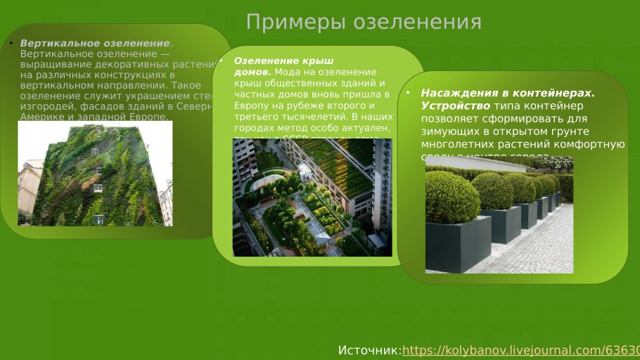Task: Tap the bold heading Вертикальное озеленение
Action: pyautogui.click(x=95, y=44)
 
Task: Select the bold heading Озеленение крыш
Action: pyautogui.click(x=283, y=61)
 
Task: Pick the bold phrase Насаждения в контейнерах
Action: pyautogui.click(x=507, y=93)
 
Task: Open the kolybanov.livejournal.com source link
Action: pyautogui.click(x=520, y=350)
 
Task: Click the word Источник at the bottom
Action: pyautogui.click(x=369, y=350)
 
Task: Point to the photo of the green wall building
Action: pyautogui.click(x=94, y=174)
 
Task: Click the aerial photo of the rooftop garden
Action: pyautogui.click(x=312, y=197)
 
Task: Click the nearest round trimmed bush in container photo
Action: pyautogui.click(x=452, y=198)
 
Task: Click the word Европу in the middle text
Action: pyautogui.click(x=251, y=104)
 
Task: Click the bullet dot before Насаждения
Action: pyautogui.click(x=408, y=93)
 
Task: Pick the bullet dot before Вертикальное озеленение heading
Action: pyautogui.click(x=11, y=44)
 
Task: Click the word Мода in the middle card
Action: pyautogui.click(x=287, y=72)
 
